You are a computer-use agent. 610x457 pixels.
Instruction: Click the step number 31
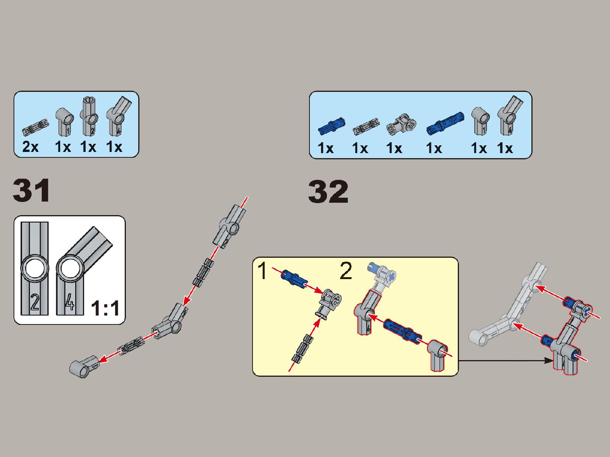pyautogui.click(x=32, y=191)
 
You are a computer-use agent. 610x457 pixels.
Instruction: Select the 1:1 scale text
pyautogui.click(x=106, y=308)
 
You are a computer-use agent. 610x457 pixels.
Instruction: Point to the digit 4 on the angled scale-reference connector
pyautogui.click(x=69, y=301)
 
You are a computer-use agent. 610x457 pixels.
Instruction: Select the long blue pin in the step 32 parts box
pyautogui.click(x=445, y=124)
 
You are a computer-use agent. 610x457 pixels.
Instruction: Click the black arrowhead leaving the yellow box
pyautogui.click(x=548, y=360)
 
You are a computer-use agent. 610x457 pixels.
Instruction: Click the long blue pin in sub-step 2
pyautogui.click(x=403, y=332)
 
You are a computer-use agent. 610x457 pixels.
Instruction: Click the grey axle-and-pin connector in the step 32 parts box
pyautogui.click(x=401, y=124)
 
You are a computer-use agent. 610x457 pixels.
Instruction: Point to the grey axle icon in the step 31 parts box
pyautogui.click(x=36, y=128)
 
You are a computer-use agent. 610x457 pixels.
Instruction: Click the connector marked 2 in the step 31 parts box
pyautogui.click(x=89, y=116)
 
